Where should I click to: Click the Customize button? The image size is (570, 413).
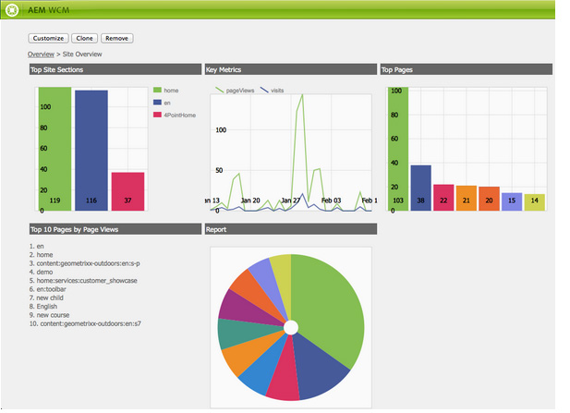click(48, 39)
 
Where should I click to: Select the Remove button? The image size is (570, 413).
click(116, 39)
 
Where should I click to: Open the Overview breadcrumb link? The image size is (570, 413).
click(41, 55)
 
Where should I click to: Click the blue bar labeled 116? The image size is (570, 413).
click(91, 148)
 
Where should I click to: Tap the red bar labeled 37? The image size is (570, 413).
click(127, 190)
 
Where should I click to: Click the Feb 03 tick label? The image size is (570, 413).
click(330, 200)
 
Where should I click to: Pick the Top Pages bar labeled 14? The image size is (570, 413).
click(534, 201)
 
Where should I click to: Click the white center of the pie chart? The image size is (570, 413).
click(291, 328)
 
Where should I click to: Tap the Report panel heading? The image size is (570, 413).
click(217, 228)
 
